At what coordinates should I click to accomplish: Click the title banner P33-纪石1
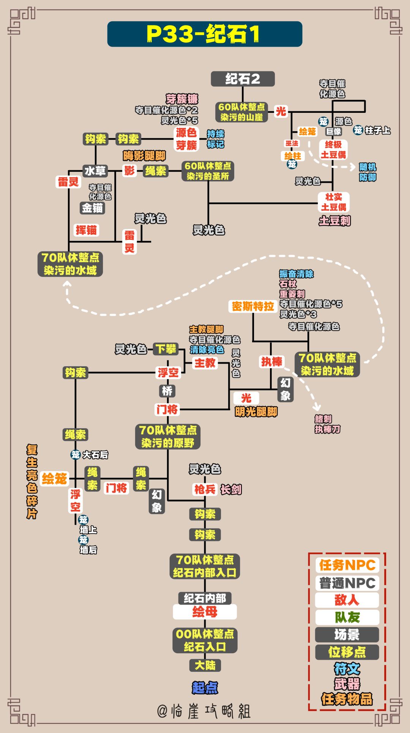click(205, 34)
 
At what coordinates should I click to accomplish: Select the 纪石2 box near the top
click(243, 79)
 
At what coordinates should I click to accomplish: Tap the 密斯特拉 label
click(253, 306)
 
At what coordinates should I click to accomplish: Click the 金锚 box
click(92, 208)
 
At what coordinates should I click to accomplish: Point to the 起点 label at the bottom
click(205, 687)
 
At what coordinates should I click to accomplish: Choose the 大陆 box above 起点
click(205, 665)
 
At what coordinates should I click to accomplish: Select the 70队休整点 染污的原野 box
click(168, 437)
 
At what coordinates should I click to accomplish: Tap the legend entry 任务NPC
click(347, 565)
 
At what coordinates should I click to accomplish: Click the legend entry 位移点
click(347, 652)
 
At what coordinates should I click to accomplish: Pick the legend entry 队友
click(347, 617)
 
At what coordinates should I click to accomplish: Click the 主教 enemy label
click(205, 363)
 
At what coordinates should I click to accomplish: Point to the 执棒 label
click(271, 361)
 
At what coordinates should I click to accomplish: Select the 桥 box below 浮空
click(167, 391)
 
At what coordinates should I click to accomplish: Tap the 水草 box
click(95, 171)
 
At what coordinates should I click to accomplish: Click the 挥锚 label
click(86, 230)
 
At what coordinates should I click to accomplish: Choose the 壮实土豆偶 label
click(334, 202)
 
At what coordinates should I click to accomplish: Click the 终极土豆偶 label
click(333, 150)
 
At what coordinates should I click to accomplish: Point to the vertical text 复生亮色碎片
click(32, 481)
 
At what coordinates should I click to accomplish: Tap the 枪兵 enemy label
click(205, 489)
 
